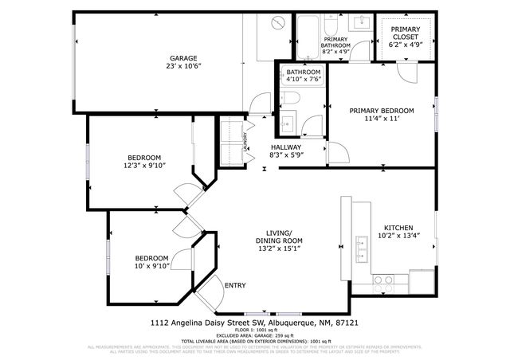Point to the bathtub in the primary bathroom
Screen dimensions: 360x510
point(308,32)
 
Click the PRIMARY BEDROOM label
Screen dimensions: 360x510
point(381,110)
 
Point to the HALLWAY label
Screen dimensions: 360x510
point(286,147)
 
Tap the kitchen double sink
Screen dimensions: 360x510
point(361,256)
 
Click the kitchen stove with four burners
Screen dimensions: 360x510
point(383,280)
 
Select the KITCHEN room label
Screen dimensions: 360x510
point(397,225)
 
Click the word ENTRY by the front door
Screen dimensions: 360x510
point(235,285)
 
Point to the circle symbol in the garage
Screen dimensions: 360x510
point(278,22)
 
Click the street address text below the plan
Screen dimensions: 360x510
point(254,323)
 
